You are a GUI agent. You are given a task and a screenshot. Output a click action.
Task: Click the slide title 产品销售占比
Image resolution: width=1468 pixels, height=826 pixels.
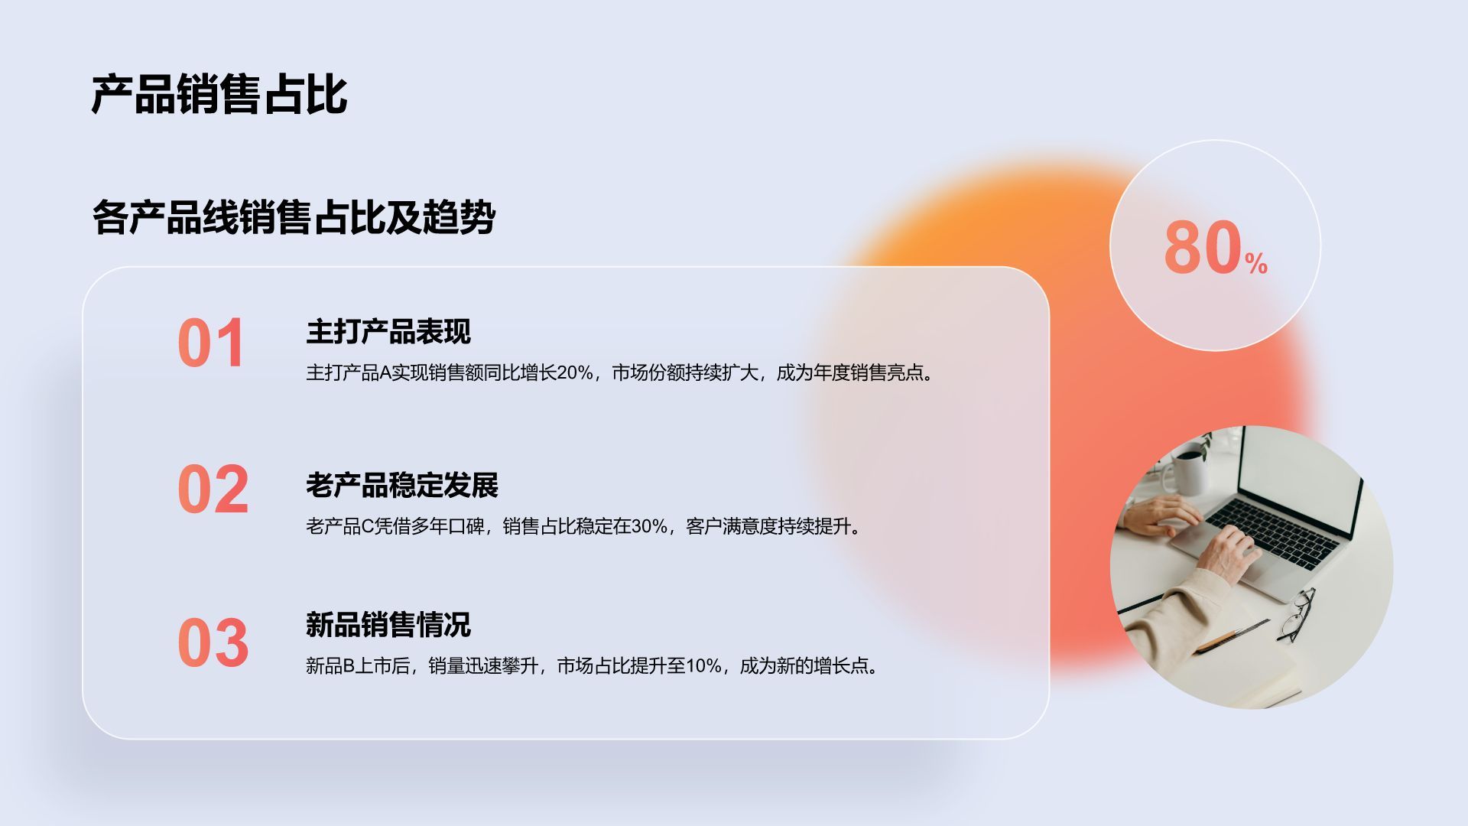pos(219,95)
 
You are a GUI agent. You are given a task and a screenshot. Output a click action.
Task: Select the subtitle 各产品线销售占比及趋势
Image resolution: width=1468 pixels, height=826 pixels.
pos(294,217)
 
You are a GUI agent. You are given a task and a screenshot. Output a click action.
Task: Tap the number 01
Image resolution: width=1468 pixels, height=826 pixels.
pos(211,343)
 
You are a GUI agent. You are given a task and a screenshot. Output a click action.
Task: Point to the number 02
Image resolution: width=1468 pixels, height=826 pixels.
pos(213,489)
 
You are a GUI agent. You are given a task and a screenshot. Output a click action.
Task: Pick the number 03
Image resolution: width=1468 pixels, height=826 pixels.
pos(213,643)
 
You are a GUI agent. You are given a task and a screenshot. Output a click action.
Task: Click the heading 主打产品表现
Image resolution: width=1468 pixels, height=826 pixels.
pos(388,332)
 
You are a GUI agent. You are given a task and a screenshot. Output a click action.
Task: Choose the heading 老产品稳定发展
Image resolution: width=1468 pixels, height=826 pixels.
pos(401,486)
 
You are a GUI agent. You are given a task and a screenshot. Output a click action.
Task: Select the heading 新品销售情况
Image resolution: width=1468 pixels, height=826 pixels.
pos(388,625)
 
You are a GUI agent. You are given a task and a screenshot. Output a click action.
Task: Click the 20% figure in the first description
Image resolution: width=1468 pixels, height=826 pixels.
pos(574,373)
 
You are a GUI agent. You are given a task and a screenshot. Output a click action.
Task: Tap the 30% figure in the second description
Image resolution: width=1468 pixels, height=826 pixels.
pos(649,527)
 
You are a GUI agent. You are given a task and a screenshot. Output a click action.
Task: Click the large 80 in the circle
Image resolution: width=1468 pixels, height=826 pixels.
pos(1202,247)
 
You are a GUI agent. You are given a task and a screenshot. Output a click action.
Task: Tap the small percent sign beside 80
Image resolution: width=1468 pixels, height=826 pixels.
pos(1256,264)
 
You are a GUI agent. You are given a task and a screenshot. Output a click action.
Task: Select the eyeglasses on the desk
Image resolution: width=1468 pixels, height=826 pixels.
pos(1297,616)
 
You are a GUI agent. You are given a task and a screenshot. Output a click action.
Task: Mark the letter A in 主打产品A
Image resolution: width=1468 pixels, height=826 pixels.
pos(385,373)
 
